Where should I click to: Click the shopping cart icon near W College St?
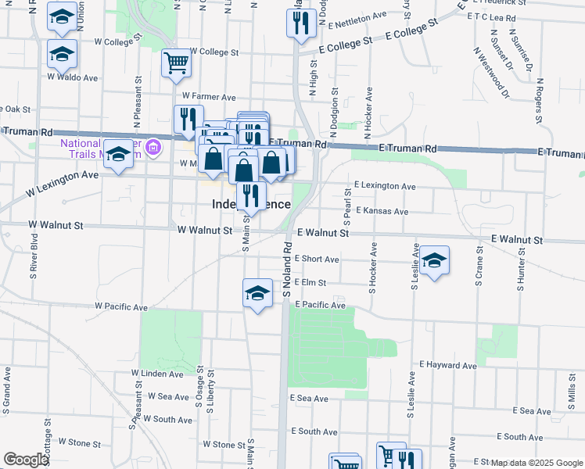pyautogui.click(x=177, y=63)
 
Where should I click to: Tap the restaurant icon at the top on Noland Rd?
pyautogui.click(x=301, y=23)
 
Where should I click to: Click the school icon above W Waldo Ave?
pyautogui.click(x=62, y=54)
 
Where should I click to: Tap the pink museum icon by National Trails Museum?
pyautogui.click(x=154, y=145)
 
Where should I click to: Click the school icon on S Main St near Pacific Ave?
pyautogui.click(x=257, y=293)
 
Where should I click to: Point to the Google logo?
pyautogui.click(x=25, y=460)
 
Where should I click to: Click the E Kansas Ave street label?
pyautogui.click(x=382, y=211)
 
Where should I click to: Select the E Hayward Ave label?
pyautogui.click(x=447, y=365)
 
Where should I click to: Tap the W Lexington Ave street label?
pyautogui.click(x=63, y=183)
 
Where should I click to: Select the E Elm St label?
pyautogui.click(x=310, y=283)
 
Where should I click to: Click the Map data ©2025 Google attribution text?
pyautogui.click(x=537, y=463)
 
